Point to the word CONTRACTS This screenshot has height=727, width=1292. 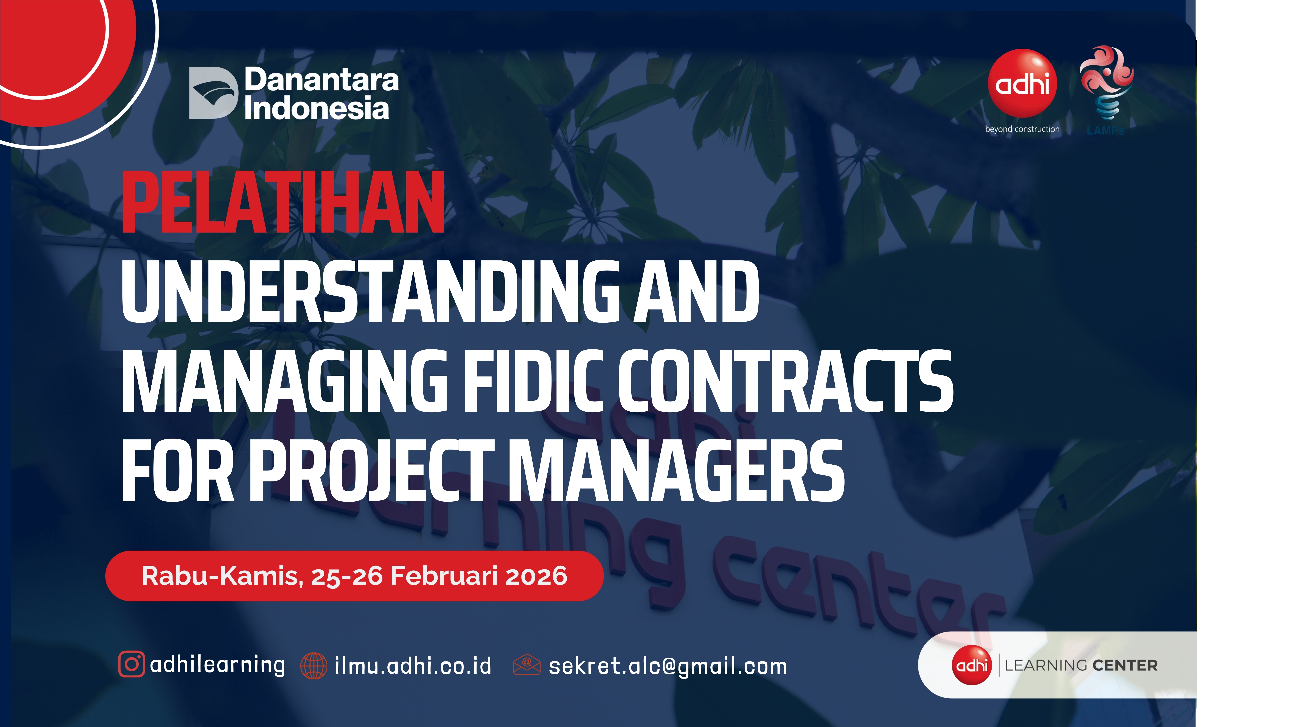click(x=785, y=381)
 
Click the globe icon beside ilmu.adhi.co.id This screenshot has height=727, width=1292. click(x=314, y=666)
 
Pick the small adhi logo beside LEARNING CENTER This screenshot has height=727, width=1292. click(x=972, y=665)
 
